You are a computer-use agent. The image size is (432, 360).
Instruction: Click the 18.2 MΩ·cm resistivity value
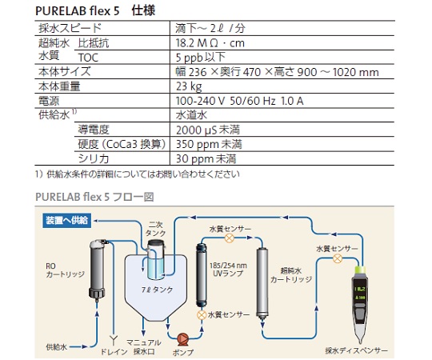210,43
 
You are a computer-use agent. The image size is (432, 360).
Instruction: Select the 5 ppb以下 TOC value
201,58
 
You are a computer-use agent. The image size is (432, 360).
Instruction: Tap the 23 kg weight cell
189,86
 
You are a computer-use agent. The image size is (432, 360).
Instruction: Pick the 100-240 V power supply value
239,101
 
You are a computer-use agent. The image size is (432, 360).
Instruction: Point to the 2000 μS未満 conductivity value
208,130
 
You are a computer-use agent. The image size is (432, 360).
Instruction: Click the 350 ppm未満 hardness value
209,144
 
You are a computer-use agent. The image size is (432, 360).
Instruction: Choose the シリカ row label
94,158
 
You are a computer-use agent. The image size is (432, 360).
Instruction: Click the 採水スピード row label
70,28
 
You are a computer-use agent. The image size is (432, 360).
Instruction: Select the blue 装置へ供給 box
67,220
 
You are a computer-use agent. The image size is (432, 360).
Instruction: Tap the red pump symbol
182,338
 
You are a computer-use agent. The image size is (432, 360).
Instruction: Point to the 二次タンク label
155,229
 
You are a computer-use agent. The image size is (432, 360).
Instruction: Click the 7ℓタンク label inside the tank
157,290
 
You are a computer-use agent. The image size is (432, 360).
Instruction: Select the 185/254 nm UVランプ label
228,270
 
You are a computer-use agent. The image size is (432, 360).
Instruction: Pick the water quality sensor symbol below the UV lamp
202,315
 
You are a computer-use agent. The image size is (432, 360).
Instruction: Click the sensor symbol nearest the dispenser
338,258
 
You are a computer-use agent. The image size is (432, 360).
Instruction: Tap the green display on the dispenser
360,293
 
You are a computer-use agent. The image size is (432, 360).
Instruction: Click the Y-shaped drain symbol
114,341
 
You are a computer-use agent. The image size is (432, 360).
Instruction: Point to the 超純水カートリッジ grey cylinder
262,283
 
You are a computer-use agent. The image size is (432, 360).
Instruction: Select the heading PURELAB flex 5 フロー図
94,197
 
